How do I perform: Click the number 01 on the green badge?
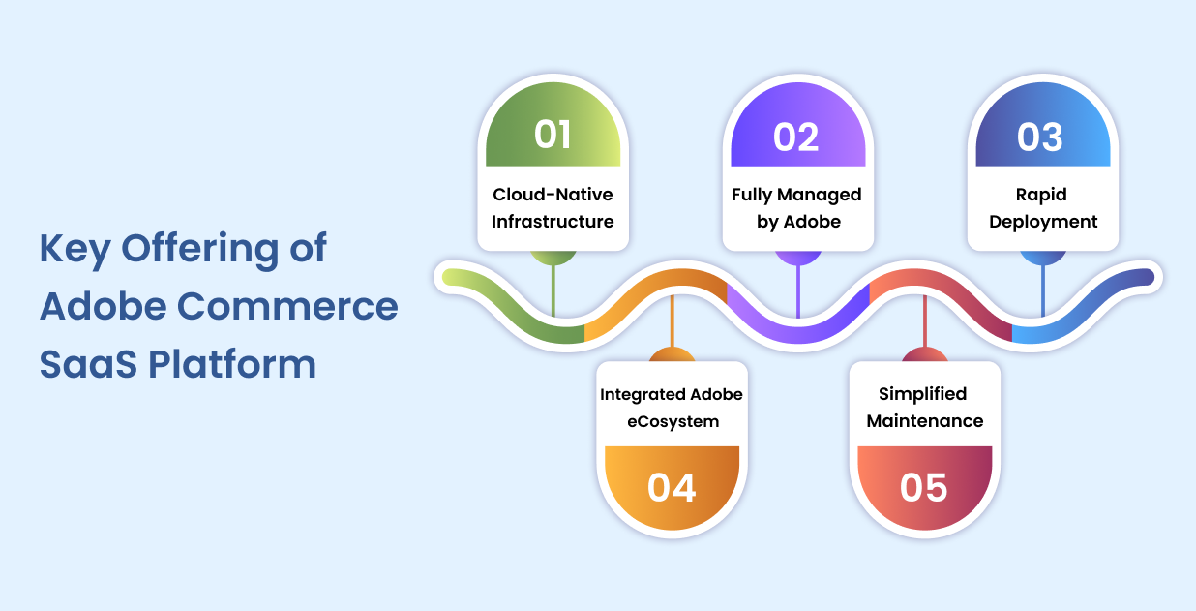pyautogui.click(x=553, y=135)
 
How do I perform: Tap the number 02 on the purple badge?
pyautogui.click(x=796, y=137)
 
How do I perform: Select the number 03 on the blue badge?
pyautogui.click(x=1040, y=137)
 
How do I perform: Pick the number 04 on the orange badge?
pyautogui.click(x=672, y=487)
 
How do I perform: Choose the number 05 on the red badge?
pyautogui.click(x=923, y=487)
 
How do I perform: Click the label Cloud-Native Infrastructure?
pyautogui.click(x=553, y=208)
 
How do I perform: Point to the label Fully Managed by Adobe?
pyautogui.click(x=796, y=208)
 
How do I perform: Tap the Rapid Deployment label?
pyautogui.click(x=1043, y=208)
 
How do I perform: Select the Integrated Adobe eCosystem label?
pyautogui.click(x=672, y=408)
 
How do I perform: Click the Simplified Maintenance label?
pyautogui.click(x=924, y=408)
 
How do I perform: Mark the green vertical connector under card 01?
pyautogui.click(x=553, y=290)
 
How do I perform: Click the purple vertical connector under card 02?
pyautogui.click(x=798, y=290)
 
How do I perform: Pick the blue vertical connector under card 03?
pyautogui.click(x=1042, y=290)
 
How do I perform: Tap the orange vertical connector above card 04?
pyautogui.click(x=672, y=323)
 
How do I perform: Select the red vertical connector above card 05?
pyautogui.click(x=925, y=323)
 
